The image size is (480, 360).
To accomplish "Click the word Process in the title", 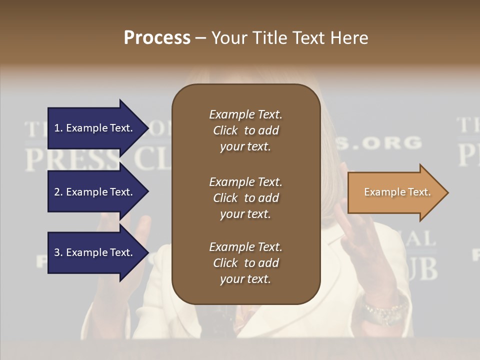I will pos(157,38).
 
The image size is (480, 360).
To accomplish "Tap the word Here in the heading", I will pos(348,38).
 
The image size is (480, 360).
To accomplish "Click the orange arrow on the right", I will pos(395,192).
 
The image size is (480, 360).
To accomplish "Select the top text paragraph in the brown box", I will pos(245,130).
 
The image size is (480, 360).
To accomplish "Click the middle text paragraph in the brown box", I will pos(245,198).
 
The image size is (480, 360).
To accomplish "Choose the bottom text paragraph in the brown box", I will pos(245,263).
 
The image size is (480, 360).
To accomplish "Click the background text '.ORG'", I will pos(390,143).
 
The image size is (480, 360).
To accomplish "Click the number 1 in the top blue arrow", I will pos(56,128).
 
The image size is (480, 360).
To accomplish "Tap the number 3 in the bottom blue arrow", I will pos(56,252).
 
